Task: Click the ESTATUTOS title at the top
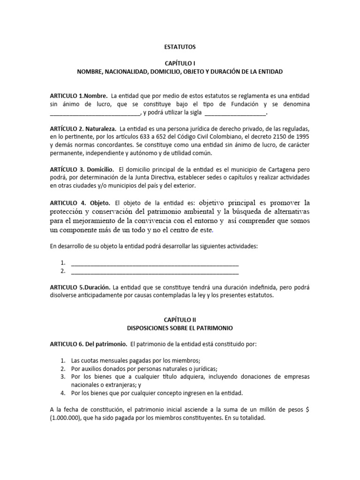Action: pos(180,47)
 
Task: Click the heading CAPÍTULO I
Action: pos(180,63)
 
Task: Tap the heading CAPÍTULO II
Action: pos(180,319)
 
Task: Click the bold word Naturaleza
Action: pos(101,128)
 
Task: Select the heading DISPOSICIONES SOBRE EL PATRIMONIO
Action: pos(180,327)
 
